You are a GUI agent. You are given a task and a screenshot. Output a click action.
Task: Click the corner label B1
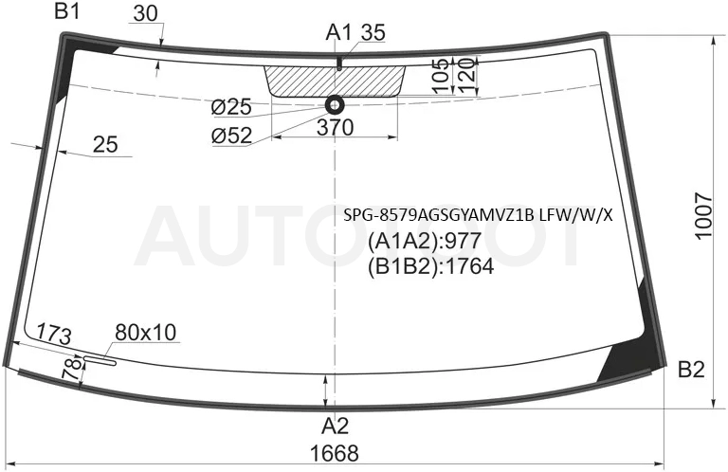click(x=67, y=10)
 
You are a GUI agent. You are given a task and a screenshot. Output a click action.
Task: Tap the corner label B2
click(x=691, y=370)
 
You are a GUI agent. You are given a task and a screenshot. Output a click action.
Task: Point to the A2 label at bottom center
click(x=336, y=426)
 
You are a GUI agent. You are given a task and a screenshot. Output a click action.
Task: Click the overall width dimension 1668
click(x=335, y=453)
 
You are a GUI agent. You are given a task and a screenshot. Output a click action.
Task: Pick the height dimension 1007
click(x=704, y=215)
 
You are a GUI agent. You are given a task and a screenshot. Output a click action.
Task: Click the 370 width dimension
click(x=335, y=127)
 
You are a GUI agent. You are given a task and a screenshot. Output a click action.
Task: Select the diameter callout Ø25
click(x=231, y=107)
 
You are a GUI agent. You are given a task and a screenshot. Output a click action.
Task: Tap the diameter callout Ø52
click(x=231, y=136)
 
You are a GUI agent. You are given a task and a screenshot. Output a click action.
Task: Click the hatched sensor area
click(x=335, y=82)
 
